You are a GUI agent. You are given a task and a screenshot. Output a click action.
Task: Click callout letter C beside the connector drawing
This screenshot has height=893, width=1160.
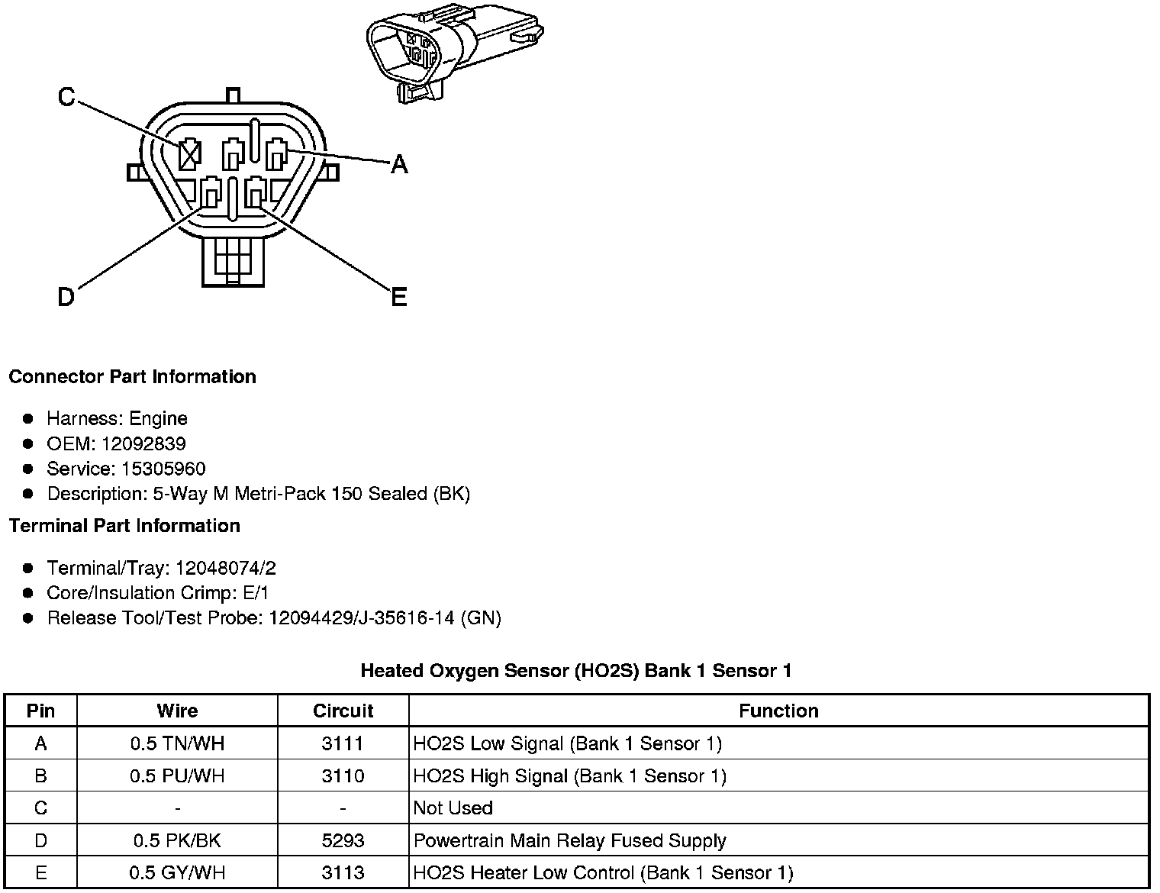66,97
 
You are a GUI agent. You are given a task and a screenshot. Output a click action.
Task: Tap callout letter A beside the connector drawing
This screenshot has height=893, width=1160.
399,163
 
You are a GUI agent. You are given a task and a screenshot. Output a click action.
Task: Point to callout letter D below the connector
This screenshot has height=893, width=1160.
66,297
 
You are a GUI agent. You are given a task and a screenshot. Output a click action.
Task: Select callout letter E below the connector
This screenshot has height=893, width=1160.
398,297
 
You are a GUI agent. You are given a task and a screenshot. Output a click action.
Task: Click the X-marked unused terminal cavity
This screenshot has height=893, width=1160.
188,156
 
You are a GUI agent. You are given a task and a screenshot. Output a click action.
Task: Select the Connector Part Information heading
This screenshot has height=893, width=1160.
132,377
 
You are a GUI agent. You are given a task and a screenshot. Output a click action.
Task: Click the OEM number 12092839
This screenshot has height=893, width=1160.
143,444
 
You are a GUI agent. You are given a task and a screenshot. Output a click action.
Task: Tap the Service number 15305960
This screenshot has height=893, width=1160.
163,469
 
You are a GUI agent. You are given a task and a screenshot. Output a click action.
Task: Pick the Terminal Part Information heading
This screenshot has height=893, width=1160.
124,526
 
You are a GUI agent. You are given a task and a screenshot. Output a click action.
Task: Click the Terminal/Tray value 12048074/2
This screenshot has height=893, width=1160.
225,569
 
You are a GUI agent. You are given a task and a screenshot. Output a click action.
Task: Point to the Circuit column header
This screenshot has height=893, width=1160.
343,711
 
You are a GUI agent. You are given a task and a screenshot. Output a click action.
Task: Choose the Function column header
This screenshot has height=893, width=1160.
778,711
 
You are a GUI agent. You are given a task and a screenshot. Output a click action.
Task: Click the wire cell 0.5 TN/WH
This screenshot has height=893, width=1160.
177,743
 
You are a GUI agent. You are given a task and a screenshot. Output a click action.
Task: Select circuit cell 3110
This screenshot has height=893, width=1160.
343,776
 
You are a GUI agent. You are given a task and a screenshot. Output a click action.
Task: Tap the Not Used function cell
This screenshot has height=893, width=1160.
453,808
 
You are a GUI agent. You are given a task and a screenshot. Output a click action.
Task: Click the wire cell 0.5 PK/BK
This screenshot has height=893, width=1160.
177,841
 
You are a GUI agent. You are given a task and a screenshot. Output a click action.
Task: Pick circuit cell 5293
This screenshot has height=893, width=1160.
343,841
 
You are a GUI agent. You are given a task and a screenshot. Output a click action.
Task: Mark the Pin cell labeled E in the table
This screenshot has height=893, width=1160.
40,873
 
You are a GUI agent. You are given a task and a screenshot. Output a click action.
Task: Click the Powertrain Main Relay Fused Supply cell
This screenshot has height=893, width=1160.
569,841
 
